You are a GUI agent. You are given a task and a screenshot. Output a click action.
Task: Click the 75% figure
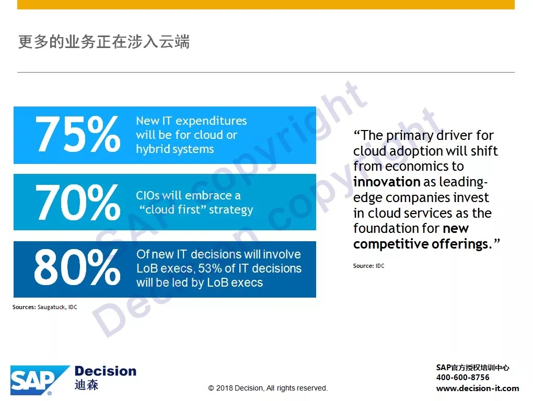tap(78, 134)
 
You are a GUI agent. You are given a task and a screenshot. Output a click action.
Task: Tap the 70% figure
tap(78, 202)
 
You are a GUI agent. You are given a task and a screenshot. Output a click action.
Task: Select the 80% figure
tap(77, 267)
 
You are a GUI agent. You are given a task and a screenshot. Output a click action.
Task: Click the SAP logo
tap(40, 380)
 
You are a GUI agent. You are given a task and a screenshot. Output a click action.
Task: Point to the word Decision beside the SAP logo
tap(106, 371)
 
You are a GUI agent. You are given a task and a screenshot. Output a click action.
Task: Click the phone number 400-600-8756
tap(462, 377)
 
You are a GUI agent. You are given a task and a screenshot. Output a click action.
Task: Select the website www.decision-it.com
tap(478, 388)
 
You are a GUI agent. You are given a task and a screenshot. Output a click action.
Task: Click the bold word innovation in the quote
tap(387, 182)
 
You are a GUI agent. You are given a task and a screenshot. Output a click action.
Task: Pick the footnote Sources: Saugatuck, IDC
tap(45, 307)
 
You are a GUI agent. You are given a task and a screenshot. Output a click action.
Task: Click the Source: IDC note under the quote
tap(369, 266)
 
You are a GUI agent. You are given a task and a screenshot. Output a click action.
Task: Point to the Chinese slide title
tap(103, 42)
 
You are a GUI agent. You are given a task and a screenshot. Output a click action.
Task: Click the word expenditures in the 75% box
tap(211, 121)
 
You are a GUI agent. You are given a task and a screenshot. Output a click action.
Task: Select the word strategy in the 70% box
tap(231, 210)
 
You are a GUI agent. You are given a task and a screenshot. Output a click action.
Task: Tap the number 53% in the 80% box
tap(210, 268)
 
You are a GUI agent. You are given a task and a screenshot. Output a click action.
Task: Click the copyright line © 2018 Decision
tap(268, 388)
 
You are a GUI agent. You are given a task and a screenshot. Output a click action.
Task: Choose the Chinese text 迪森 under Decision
tap(86, 385)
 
